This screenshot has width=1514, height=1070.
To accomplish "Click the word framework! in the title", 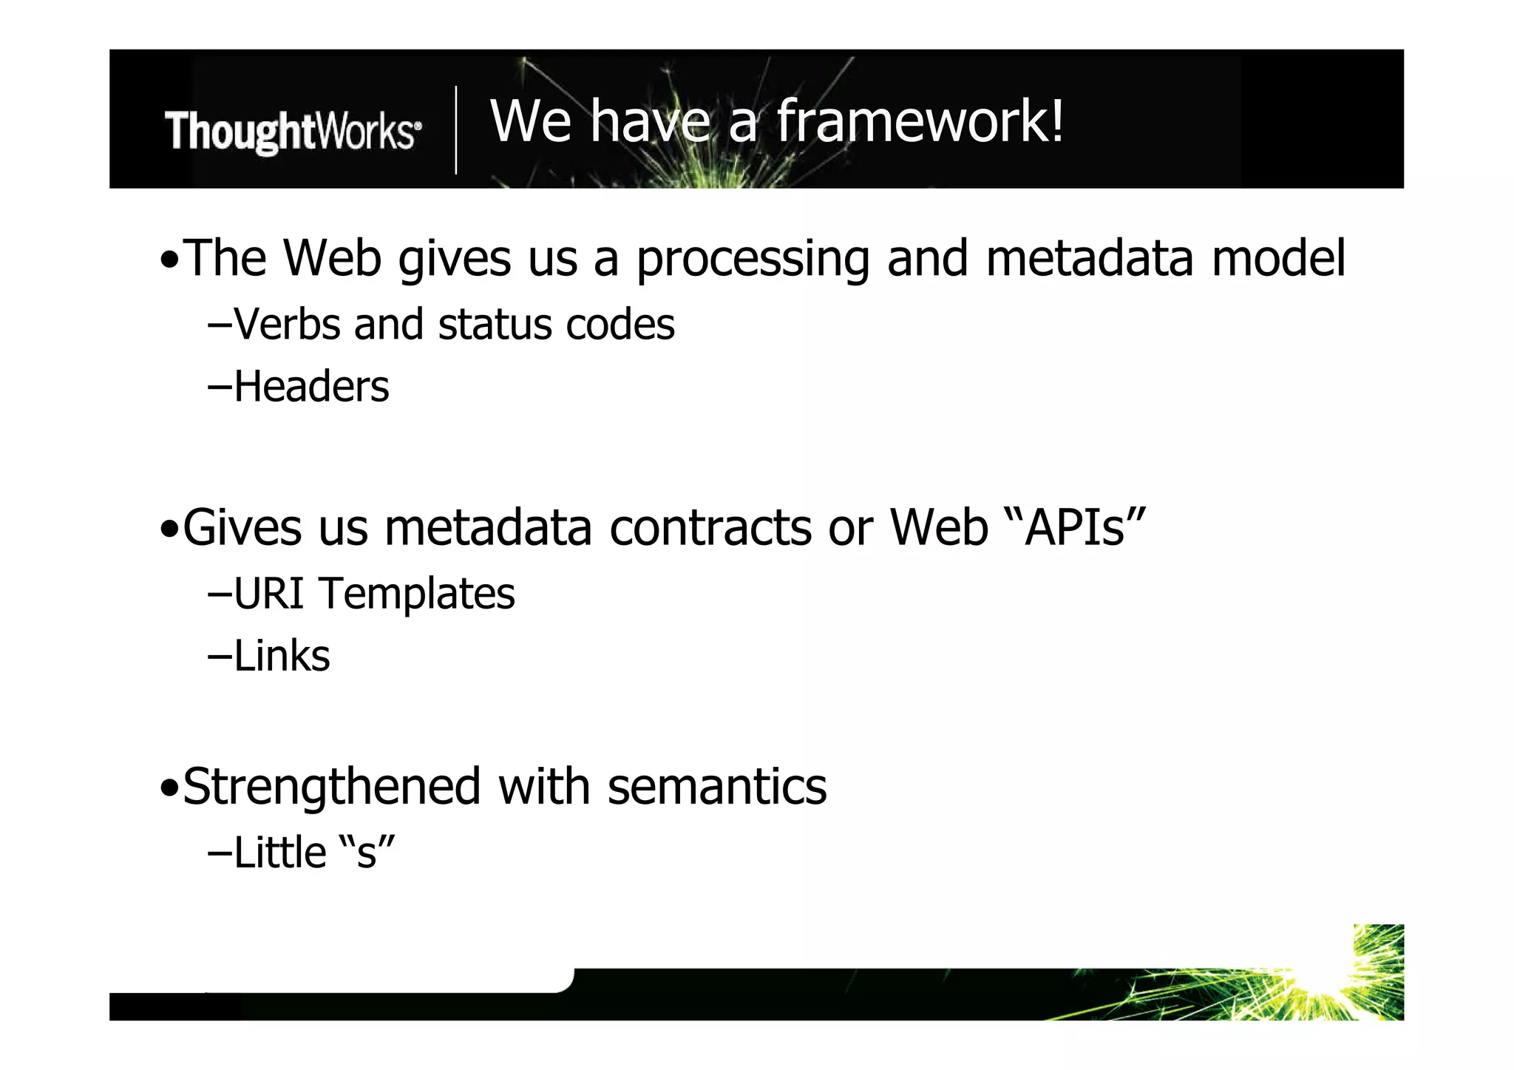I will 920,121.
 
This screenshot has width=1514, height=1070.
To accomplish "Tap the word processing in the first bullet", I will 752,260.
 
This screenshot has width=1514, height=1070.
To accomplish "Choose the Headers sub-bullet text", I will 310,387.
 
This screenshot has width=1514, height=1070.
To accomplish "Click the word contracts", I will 710,528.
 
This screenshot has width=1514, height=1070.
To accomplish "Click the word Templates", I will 417,595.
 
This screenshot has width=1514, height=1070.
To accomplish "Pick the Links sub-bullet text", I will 281,656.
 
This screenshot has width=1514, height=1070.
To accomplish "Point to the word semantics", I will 716,787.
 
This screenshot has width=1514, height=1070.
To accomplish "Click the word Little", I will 279,853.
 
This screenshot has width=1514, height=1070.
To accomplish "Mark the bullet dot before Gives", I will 169,530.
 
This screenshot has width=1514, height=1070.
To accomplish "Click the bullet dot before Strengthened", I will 169,789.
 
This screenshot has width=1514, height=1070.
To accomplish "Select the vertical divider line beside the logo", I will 455,130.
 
